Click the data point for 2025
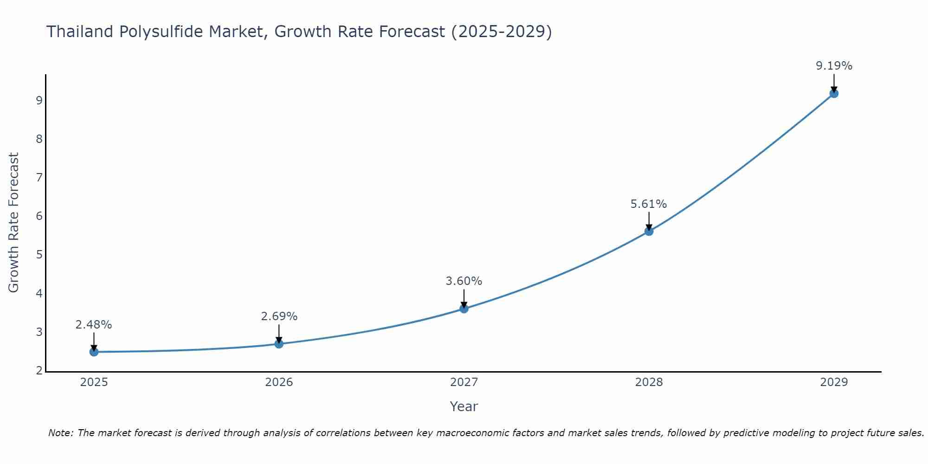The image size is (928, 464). click(94, 352)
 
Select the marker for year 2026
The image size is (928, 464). click(279, 344)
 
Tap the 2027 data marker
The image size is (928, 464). click(464, 309)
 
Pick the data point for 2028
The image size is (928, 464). click(649, 231)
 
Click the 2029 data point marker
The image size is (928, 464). click(834, 93)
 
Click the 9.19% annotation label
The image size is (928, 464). click(834, 66)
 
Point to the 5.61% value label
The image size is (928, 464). click(648, 204)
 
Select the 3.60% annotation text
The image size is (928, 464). click(464, 281)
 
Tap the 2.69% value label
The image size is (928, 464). click(279, 316)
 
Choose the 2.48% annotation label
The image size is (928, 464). click(94, 324)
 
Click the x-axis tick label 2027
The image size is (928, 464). click(464, 382)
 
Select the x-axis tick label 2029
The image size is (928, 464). click(834, 382)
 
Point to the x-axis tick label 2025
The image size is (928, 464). click(94, 382)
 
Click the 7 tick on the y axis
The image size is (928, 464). click(39, 177)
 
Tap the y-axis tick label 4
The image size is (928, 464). click(39, 293)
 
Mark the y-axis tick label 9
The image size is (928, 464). click(39, 100)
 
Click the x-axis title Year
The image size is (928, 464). click(464, 406)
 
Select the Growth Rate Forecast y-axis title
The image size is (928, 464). click(14, 223)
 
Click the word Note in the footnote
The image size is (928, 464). click(60, 433)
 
